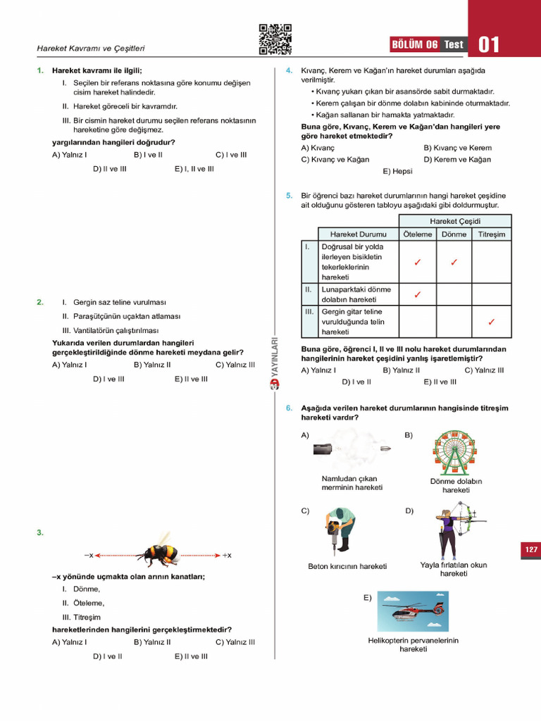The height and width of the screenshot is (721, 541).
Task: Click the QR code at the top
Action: click(275, 39)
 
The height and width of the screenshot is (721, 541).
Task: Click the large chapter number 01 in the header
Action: click(489, 45)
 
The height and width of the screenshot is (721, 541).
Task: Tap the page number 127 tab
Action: click(530, 549)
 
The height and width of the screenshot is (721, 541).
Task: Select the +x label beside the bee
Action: click(227, 556)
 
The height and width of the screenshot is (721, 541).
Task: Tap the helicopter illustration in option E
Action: click(413, 613)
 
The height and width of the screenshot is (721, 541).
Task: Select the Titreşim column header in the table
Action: click(491, 234)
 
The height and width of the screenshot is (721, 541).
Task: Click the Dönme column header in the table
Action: click(454, 234)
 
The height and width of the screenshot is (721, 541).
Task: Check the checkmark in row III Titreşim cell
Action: click(491, 322)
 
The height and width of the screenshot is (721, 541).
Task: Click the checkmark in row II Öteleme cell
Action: click(418, 294)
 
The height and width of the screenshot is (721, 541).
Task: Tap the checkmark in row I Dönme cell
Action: click(454, 263)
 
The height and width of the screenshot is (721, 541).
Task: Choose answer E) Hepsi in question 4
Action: click(397, 171)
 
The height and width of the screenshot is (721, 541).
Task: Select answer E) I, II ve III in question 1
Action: click(194, 169)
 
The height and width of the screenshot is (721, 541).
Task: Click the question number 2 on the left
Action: click(40, 302)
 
